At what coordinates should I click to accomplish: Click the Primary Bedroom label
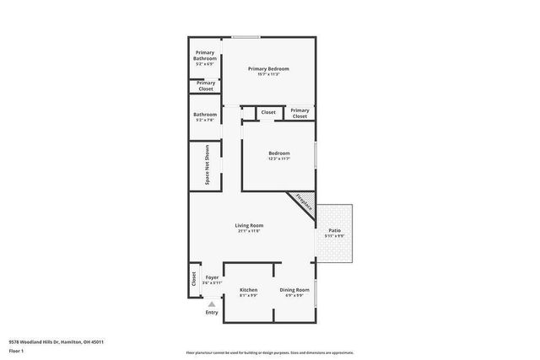pyautogui.click(x=267, y=68)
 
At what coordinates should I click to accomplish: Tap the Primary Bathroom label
pyautogui.click(x=205, y=56)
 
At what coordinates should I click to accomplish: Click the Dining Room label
pyautogui.click(x=294, y=290)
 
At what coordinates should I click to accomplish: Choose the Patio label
pyautogui.click(x=334, y=230)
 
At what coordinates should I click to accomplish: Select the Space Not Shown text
pyautogui.click(x=207, y=165)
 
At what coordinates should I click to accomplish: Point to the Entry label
pyautogui.click(x=211, y=313)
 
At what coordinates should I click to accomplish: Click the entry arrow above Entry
pyautogui.click(x=211, y=304)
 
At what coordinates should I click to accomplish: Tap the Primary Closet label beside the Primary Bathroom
pyautogui.click(x=206, y=84)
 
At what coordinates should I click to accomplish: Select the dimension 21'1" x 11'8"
pyautogui.click(x=249, y=231)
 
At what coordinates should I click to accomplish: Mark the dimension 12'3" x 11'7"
pyautogui.click(x=278, y=159)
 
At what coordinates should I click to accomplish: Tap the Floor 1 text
pyautogui.click(x=16, y=350)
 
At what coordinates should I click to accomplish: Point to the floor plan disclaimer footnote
pyautogui.click(x=269, y=352)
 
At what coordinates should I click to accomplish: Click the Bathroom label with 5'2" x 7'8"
pyautogui.click(x=205, y=115)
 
